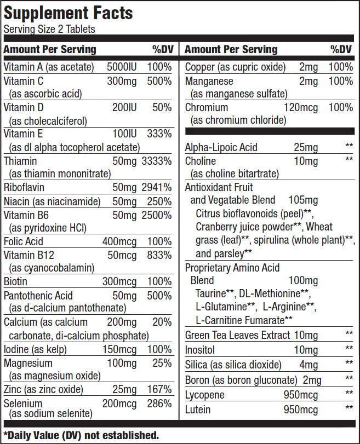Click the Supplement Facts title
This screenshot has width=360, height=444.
[x=68, y=13]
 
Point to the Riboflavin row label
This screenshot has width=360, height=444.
[x=24, y=188]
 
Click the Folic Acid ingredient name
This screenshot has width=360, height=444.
[x=23, y=241]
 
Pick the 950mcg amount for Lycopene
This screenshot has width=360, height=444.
[x=300, y=394]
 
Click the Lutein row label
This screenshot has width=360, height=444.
[x=198, y=409]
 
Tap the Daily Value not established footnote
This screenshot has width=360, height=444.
[x=81, y=436]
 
